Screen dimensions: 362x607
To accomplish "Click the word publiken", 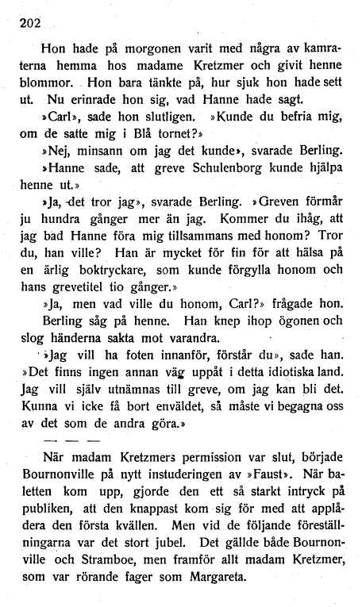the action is (x=46, y=514).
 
